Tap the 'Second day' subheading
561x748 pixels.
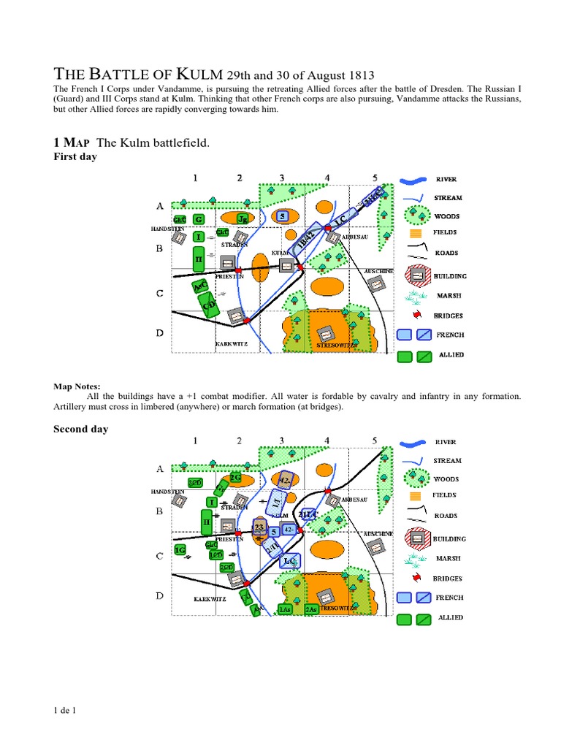[80, 429]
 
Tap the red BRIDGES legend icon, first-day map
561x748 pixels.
[416, 315]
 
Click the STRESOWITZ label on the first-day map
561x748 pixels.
[337, 345]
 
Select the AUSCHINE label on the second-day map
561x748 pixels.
[379, 533]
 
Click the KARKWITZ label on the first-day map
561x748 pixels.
[233, 343]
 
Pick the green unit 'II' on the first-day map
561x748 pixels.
[197, 259]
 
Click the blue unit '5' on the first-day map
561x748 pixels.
[283, 216]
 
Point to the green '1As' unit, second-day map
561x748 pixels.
[286, 608]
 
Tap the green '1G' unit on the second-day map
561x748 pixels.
[180, 548]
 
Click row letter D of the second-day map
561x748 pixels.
[159, 596]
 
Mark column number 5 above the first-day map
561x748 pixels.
[375, 178]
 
